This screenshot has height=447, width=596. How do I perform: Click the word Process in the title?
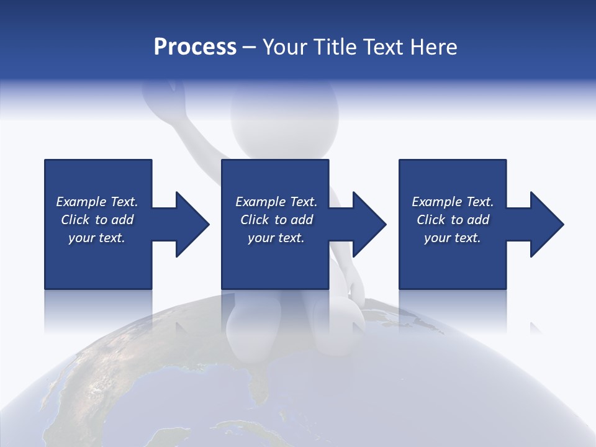[x=195, y=47]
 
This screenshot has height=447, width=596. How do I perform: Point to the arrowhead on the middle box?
[x=368, y=224]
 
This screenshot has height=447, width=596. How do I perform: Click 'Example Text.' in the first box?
[x=97, y=202]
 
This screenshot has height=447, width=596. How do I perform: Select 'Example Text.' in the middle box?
[x=276, y=202]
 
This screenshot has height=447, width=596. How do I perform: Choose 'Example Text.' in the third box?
[x=453, y=202]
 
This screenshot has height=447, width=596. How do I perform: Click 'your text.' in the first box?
[x=97, y=238]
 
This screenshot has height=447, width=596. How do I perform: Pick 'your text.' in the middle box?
[x=276, y=238]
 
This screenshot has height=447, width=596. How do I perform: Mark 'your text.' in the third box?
[x=453, y=238]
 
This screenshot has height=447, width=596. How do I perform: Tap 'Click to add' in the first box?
[x=97, y=220]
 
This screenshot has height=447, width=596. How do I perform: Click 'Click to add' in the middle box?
[x=276, y=220]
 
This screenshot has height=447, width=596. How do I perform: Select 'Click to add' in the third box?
[x=453, y=220]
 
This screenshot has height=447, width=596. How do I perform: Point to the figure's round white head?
[x=284, y=115]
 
